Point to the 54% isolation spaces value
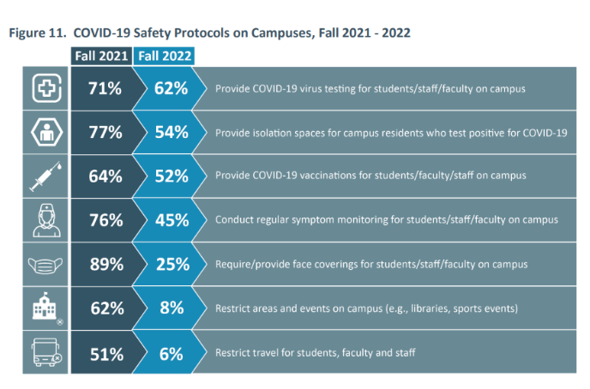(172, 132)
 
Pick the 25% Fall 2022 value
(172, 264)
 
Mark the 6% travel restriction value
(172, 352)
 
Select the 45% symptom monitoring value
(172, 220)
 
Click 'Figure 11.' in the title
(37, 33)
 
